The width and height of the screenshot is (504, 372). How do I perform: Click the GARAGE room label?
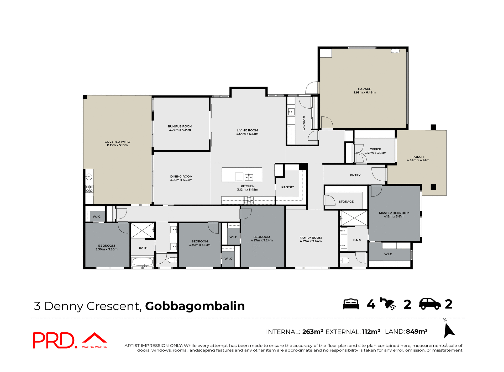(x=364, y=89)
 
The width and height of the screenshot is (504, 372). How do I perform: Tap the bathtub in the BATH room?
(x=143, y=262)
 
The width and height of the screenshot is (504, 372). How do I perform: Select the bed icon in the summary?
(x=351, y=304)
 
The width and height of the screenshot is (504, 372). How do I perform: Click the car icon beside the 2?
(x=430, y=304)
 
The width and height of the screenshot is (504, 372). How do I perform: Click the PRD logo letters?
(x=54, y=340)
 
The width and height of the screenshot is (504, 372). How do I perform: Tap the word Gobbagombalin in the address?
(x=195, y=306)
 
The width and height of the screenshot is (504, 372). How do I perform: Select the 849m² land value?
(x=417, y=332)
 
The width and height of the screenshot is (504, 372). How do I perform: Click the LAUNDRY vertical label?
(x=304, y=123)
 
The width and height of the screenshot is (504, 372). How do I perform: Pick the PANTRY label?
(x=287, y=187)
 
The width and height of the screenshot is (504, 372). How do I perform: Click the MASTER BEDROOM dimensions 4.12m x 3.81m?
(x=394, y=217)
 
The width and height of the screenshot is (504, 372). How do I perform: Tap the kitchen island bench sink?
(x=249, y=177)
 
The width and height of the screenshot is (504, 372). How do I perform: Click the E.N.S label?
(x=357, y=240)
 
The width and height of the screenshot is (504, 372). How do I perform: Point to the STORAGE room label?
(x=346, y=201)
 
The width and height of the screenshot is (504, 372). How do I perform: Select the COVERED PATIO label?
(x=117, y=142)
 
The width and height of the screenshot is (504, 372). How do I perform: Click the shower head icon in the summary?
(x=388, y=304)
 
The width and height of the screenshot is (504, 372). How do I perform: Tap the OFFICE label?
(x=375, y=149)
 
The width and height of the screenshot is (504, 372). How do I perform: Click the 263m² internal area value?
(x=312, y=332)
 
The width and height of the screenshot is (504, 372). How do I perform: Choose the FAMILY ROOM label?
(x=311, y=238)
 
